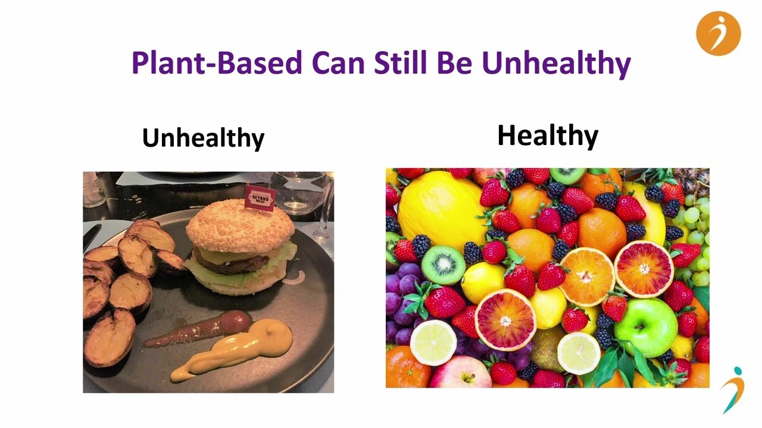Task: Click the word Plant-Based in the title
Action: (x=217, y=63)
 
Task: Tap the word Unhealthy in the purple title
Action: (x=557, y=64)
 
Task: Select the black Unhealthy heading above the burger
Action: (x=203, y=138)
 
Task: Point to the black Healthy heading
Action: (x=548, y=136)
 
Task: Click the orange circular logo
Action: (x=718, y=33)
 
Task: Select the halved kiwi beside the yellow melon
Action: (x=444, y=265)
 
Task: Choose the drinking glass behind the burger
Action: (x=299, y=194)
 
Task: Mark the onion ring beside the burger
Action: (x=295, y=277)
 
